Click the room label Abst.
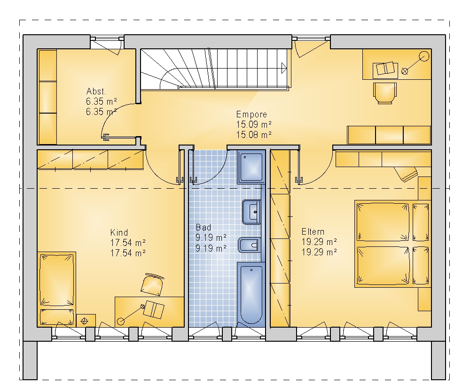click(96, 92)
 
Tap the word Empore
click(251, 115)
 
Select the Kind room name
click(119, 233)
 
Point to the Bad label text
click(204, 227)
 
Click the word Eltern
click(313, 232)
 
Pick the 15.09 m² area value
click(254, 124)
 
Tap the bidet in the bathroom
click(250, 245)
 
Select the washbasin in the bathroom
click(251, 212)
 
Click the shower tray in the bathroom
click(251, 167)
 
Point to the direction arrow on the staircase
click(284, 68)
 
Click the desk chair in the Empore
click(385, 93)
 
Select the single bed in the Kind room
click(57, 289)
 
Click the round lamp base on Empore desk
click(424, 56)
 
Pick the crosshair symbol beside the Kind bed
click(85, 321)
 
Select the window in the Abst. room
click(107, 38)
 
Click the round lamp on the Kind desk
click(121, 322)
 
